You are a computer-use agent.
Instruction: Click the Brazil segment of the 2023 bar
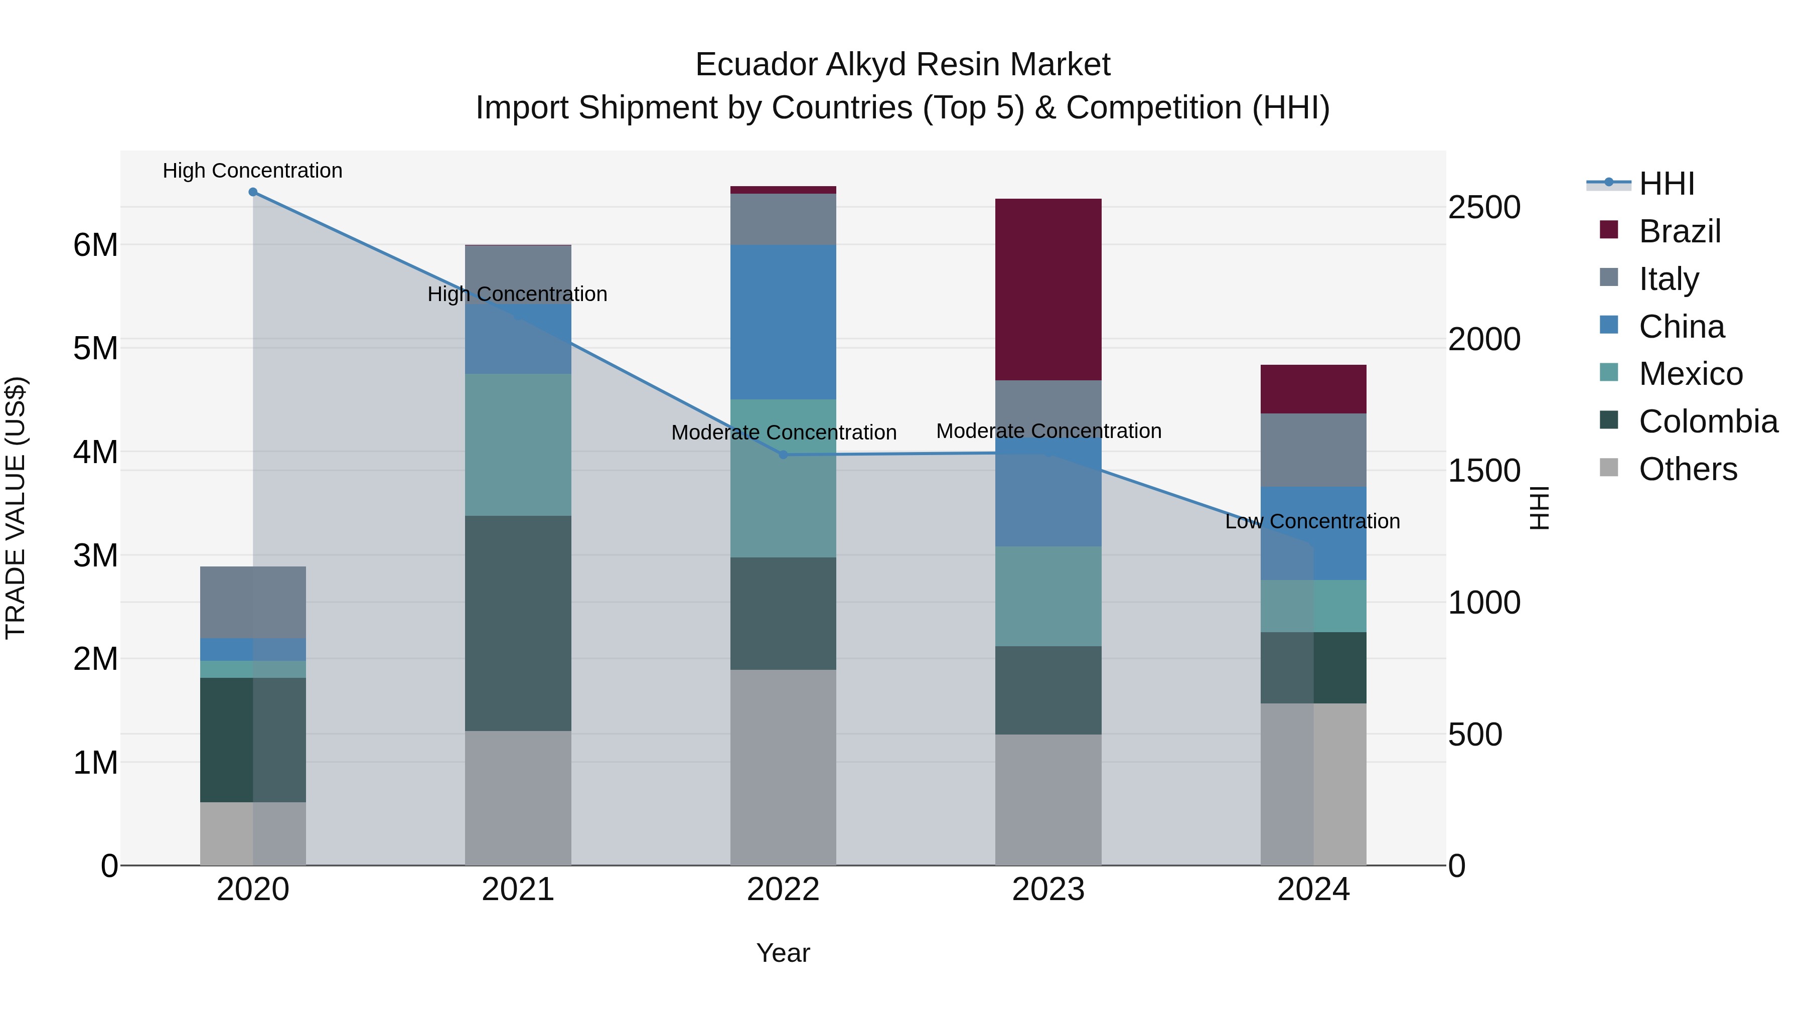[1048, 289]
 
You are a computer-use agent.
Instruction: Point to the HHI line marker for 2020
[253, 192]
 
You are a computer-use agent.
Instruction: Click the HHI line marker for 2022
[784, 455]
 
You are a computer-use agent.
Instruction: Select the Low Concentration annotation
[1312, 522]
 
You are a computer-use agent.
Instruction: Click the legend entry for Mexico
[1690, 374]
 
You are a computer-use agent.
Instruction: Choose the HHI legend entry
[1666, 184]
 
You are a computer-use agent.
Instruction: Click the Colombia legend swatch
[1609, 421]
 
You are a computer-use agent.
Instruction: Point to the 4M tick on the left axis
[95, 452]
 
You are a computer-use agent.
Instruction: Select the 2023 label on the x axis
[1048, 890]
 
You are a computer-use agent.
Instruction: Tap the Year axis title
[783, 953]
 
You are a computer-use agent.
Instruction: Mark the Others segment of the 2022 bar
[783, 767]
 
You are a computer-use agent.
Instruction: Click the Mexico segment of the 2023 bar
[1048, 596]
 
